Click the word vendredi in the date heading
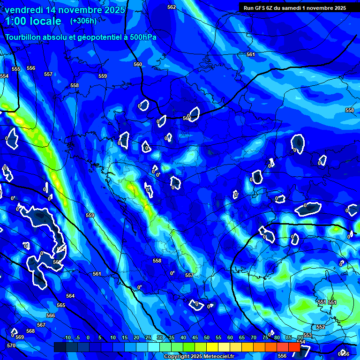pyautogui.click(x=23, y=10)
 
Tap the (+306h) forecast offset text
pyautogui.click(x=83, y=21)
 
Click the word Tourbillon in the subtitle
pyautogui.click(x=25, y=37)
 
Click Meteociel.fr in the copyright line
pyautogui.click(x=214, y=357)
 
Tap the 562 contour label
pyautogui.click(x=172, y=7)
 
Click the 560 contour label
pyautogui.click(x=138, y=65)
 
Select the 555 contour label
pyautogui.click(x=16, y=69)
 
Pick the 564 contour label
pyautogui.click(x=70, y=296)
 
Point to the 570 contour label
pyautogui.click(x=11, y=345)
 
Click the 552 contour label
pyautogui.click(x=321, y=327)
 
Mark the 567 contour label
pyautogui.click(x=41, y=325)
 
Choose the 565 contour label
pyautogui.click(x=61, y=305)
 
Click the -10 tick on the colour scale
pyautogui.click(x=67, y=338)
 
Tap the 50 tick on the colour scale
pyautogui.click(x=207, y=338)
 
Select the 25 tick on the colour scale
pyautogui.click(x=148, y=338)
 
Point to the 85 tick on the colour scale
pyautogui.click(x=288, y=338)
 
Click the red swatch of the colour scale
pyautogui.click(x=294, y=347)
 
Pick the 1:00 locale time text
pyautogui.click(x=33, y=21)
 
